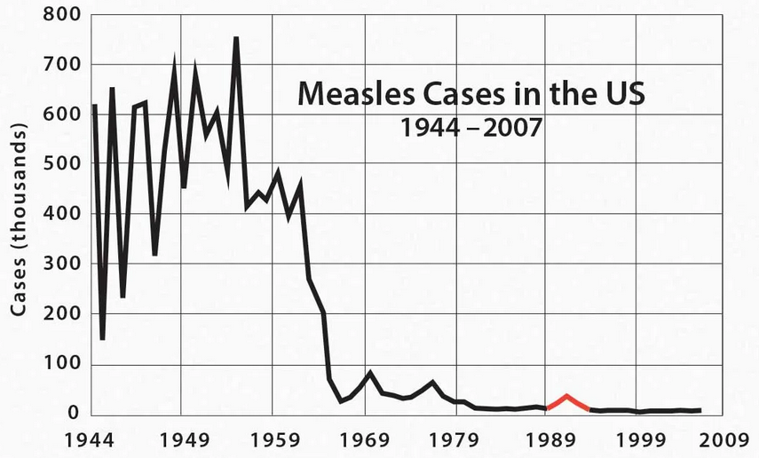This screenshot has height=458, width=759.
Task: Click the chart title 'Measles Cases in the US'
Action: [x=470, y=91]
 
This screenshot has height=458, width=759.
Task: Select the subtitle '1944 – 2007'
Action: [x=470, y=127]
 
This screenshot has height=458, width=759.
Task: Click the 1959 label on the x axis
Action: [x=274, y=438]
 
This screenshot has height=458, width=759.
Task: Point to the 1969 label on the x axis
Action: [x=366, y=438]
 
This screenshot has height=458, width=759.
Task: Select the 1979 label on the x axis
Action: [x=457, y=438]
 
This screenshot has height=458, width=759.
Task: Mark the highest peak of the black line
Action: [x=236, y=38]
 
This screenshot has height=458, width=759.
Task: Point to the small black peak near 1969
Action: [x=369, y=373]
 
